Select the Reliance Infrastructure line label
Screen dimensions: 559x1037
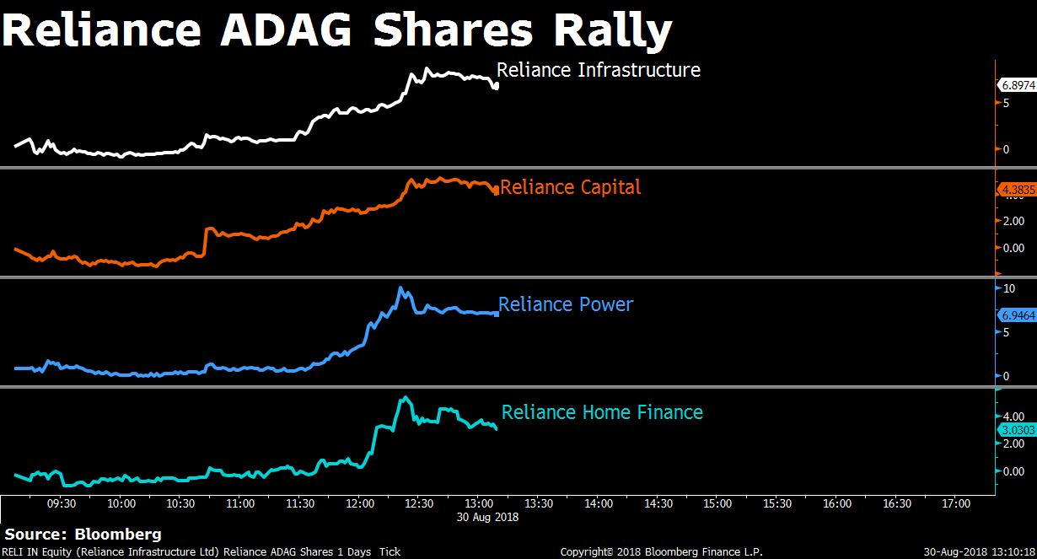tap(598, 69)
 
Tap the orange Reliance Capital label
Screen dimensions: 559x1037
tap(570, 187)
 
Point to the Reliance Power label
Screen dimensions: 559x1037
tap(565, 304)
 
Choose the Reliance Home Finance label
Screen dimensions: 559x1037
tap(602, 412)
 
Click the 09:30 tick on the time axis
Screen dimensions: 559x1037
tap(62, 504)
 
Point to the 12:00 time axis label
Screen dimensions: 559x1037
tap(360, 504)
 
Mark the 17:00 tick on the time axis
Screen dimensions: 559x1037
tap(955, 504)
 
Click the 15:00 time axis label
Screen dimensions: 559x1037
tap(717, 504)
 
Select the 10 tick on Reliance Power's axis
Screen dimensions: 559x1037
tap(1009, 288)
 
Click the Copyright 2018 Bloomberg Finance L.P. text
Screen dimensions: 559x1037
tap(661, 552)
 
